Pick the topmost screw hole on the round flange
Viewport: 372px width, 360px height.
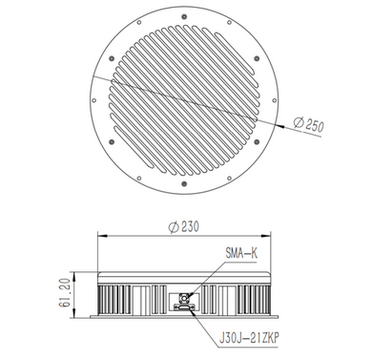pyautogui.click(x=184, y=12)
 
